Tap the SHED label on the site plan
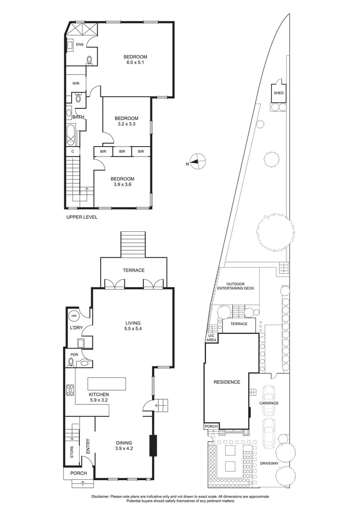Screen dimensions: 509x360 278,93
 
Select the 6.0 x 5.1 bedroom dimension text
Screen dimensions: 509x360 136,63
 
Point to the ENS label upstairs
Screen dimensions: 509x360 80,44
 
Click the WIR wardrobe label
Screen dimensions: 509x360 76,83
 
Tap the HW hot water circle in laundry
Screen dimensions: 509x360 74,316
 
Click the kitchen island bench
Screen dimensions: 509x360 107,384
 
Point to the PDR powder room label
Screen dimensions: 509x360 74,354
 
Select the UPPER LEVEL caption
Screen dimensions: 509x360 83,217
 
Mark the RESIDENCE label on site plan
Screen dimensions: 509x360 227,382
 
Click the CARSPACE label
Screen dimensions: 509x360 269,403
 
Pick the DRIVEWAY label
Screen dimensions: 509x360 269,463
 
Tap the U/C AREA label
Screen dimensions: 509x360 211,337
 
